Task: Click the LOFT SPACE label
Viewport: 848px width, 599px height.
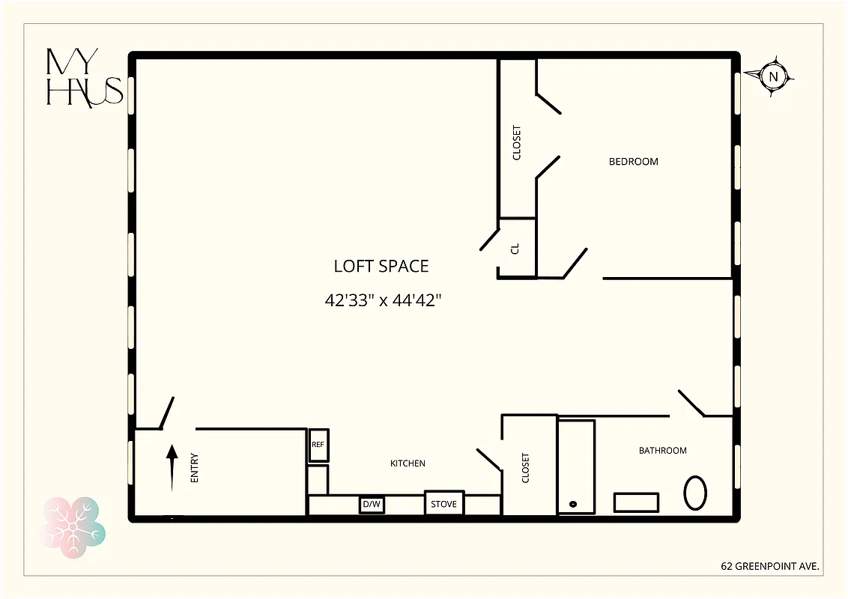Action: [x=381, y=266]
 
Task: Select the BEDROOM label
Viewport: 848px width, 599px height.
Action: [x=633, y=161]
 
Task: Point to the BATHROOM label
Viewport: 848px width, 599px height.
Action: [x=662, y=450]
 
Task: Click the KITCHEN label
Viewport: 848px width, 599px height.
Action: [x=408, y=463]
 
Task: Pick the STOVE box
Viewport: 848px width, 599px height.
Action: [x=444, y=503]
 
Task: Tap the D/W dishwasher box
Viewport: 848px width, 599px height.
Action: [x=372, y=505]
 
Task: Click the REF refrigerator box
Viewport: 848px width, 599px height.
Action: [x=318, y=445]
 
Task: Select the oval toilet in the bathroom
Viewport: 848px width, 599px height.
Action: [x=694, y=493]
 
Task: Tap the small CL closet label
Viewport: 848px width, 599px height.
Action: [x=515, y=249]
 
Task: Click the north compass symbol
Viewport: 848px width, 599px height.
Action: [x=775, y=76]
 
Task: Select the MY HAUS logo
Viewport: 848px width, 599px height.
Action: [x=83, y=76]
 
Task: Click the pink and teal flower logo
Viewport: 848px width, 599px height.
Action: [x=72, y=523]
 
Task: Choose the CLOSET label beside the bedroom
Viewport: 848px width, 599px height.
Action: [x=517, y=142]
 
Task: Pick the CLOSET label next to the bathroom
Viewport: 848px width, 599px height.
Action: [x=525, y=467]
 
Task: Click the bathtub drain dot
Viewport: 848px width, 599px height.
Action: [x=574, y=504]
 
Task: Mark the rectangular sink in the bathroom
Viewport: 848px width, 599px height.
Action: [x=636, y=502]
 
